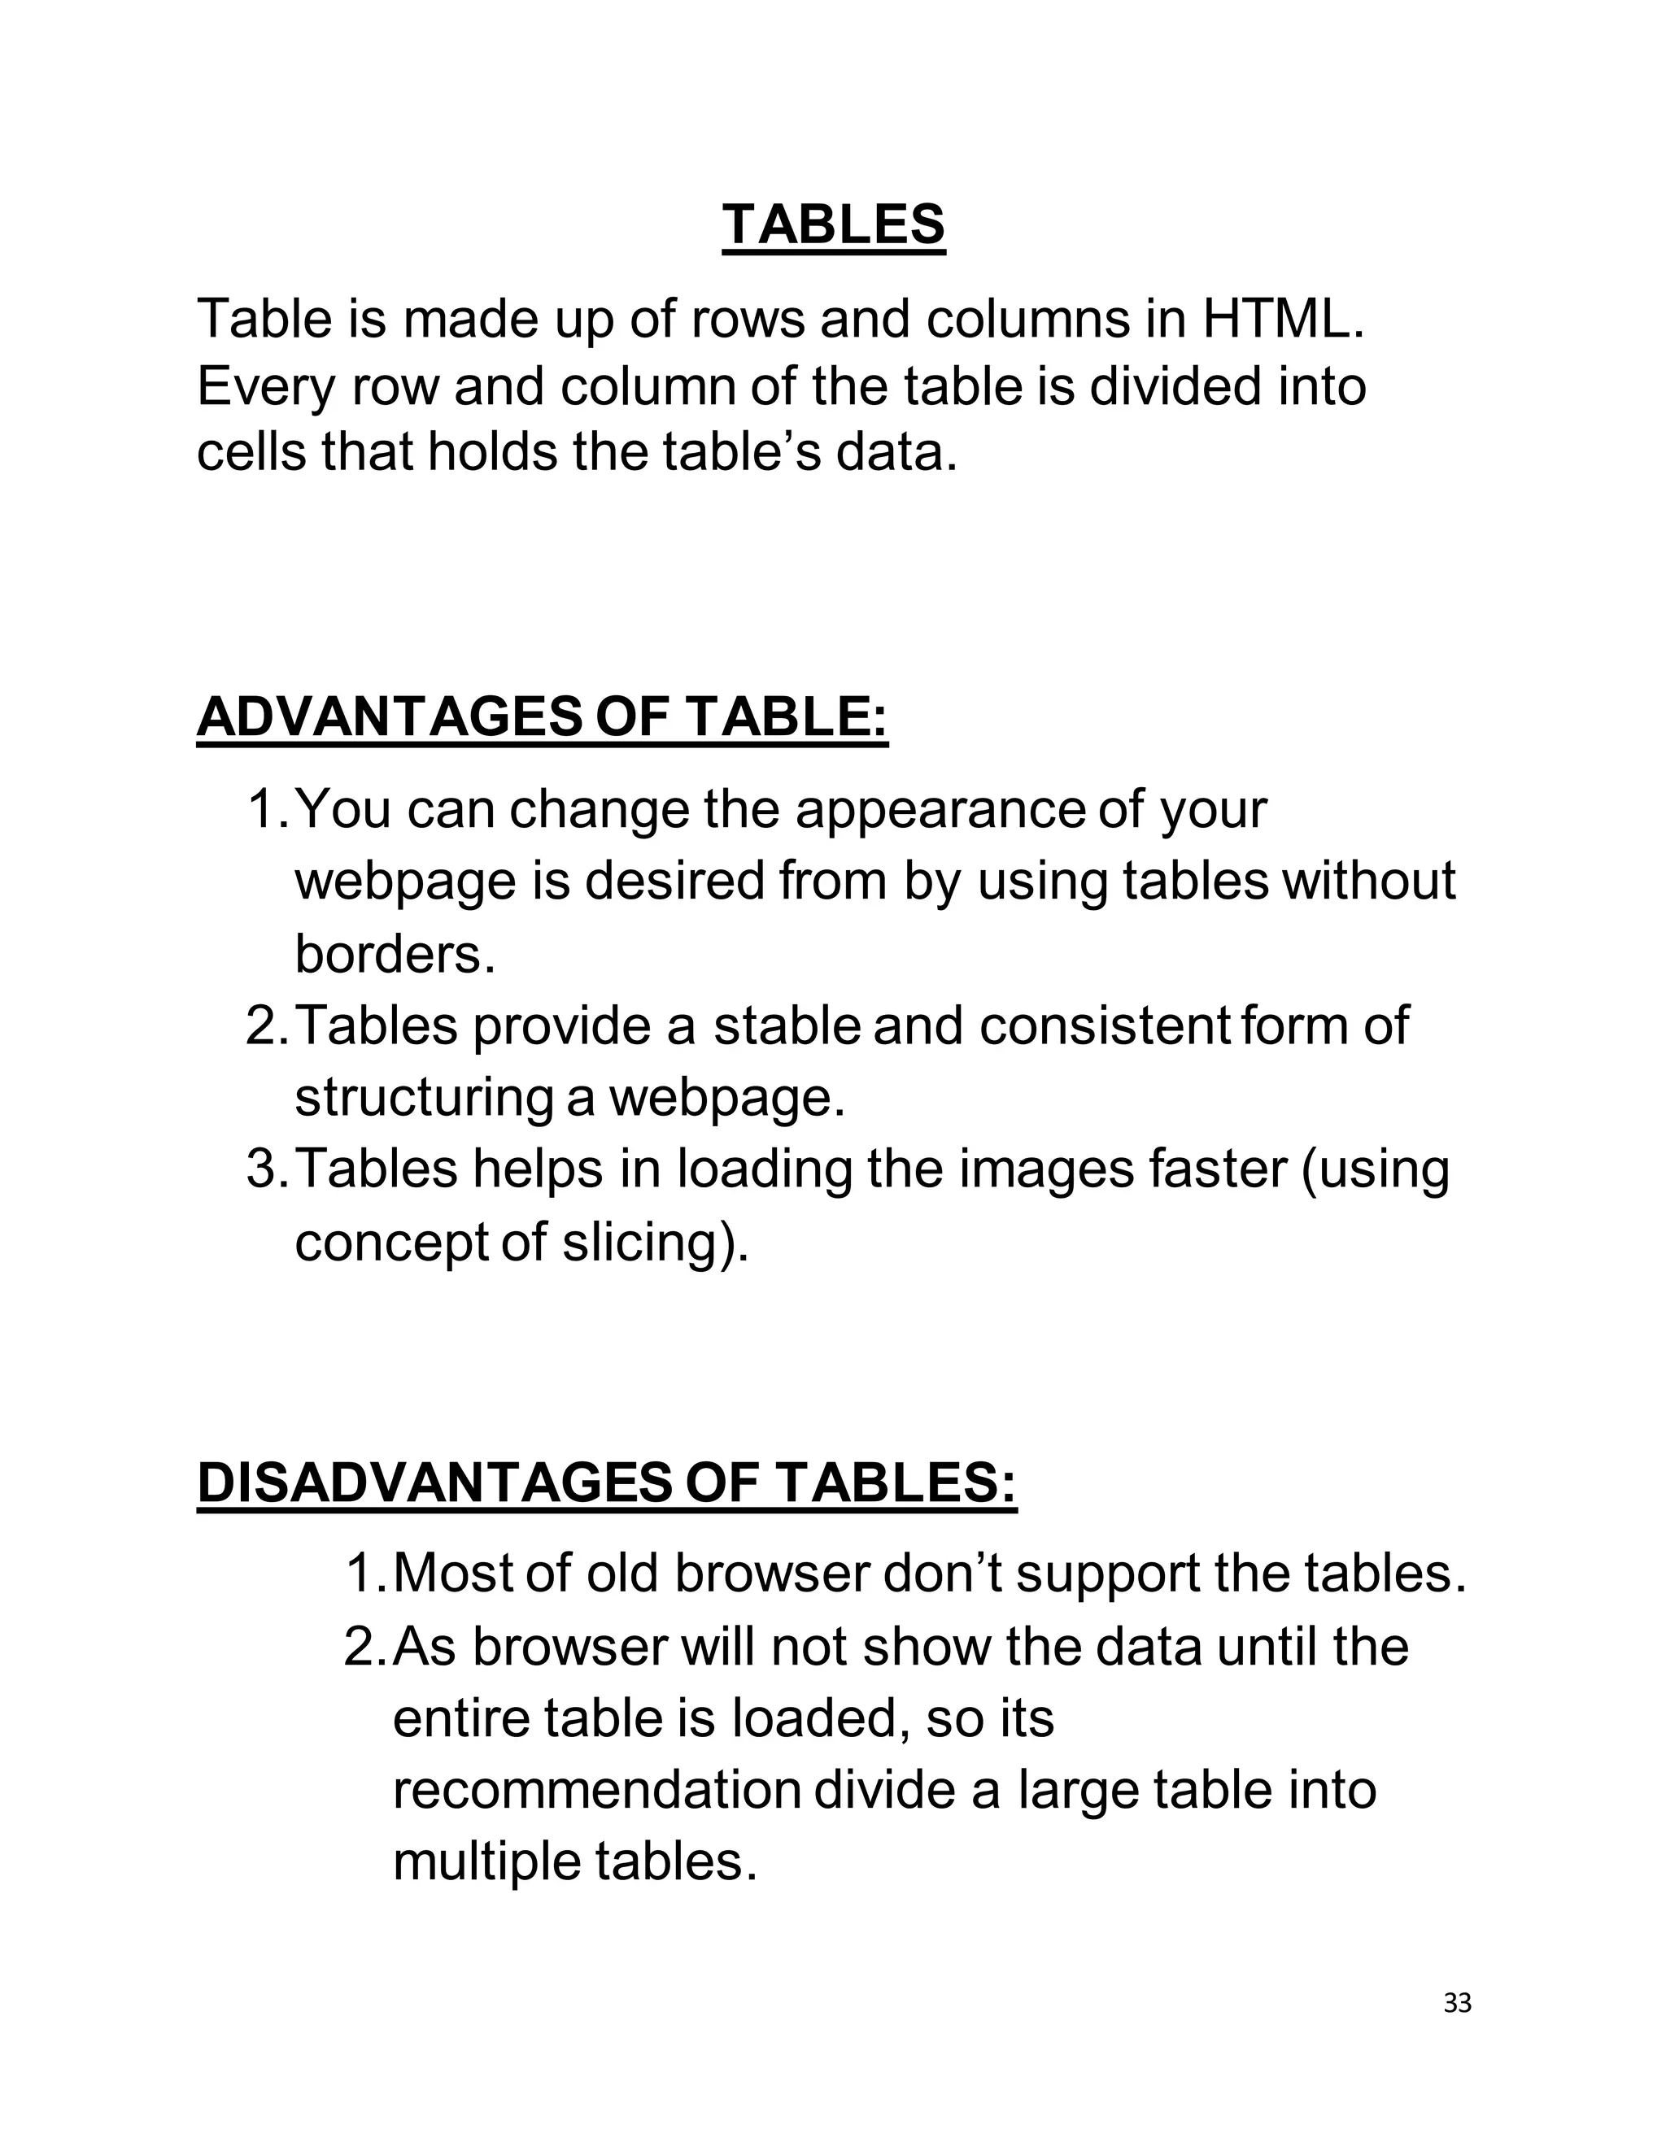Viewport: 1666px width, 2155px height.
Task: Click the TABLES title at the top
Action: (x=833, y=225)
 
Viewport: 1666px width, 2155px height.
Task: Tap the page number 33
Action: (x=1457, y=2003)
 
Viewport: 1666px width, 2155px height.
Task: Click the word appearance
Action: (x=940, y=809)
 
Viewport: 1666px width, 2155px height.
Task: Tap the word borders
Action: (x=394, y=953)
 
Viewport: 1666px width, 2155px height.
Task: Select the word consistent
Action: (x=1103, y=1025)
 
